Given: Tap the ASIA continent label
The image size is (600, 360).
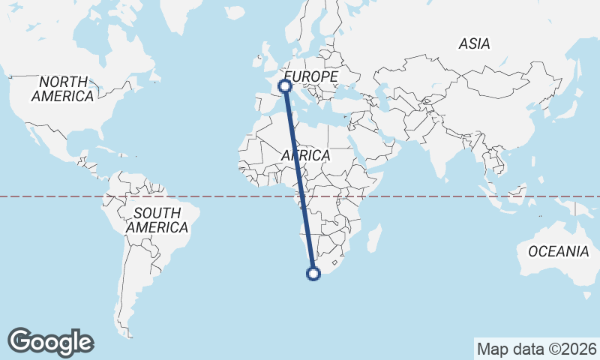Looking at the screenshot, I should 474,44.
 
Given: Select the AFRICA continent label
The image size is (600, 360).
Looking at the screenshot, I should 306,155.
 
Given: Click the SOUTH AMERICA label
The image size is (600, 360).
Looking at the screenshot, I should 157,220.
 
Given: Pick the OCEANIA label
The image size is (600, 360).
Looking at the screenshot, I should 559,252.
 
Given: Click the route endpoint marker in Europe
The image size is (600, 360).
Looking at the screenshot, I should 285,87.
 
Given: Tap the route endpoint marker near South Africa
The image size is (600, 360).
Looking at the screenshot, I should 313,274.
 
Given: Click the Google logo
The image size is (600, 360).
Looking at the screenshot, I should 50,342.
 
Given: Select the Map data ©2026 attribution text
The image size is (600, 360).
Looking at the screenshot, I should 536,349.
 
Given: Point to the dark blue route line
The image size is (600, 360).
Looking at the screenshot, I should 299,180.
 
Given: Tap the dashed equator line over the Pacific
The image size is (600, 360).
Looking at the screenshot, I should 45,196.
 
